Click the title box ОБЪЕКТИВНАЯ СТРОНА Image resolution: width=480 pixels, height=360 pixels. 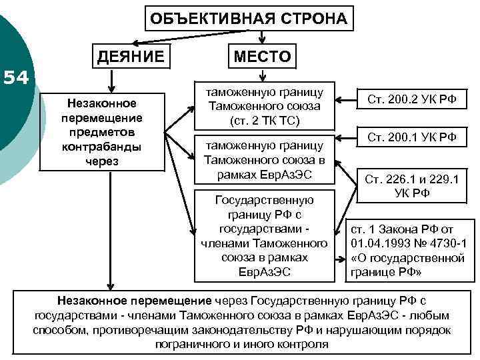point(249,18)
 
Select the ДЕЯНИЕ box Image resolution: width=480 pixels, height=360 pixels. point(131,57)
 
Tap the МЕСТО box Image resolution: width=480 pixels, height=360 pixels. point(262,57)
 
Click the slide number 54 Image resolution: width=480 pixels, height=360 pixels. point(15,79)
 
